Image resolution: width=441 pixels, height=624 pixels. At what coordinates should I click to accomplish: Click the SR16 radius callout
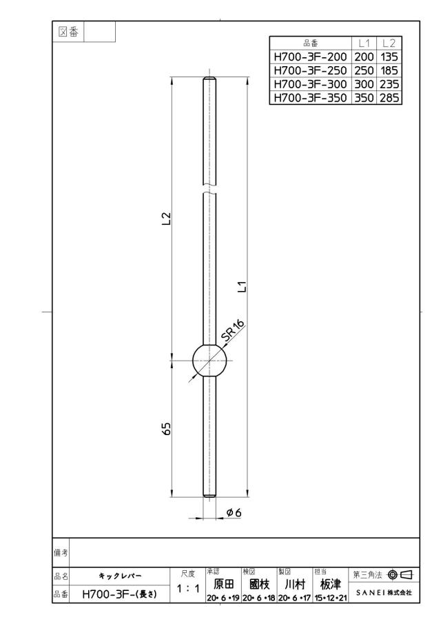(232, 331)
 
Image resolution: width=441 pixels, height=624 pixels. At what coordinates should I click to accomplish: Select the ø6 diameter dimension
(234, 512)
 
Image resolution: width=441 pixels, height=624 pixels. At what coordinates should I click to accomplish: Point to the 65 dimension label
(167, 428)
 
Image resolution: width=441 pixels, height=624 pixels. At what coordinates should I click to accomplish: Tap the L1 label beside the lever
(243, 287)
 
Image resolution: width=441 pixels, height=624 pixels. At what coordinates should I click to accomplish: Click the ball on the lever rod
(209, 360)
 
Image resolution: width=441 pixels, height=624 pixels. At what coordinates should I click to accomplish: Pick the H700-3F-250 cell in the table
(310, 70)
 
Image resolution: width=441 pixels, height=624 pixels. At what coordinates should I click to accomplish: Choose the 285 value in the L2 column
(389, 98)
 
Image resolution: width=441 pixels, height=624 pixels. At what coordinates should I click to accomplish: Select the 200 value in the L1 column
(364, 57)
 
